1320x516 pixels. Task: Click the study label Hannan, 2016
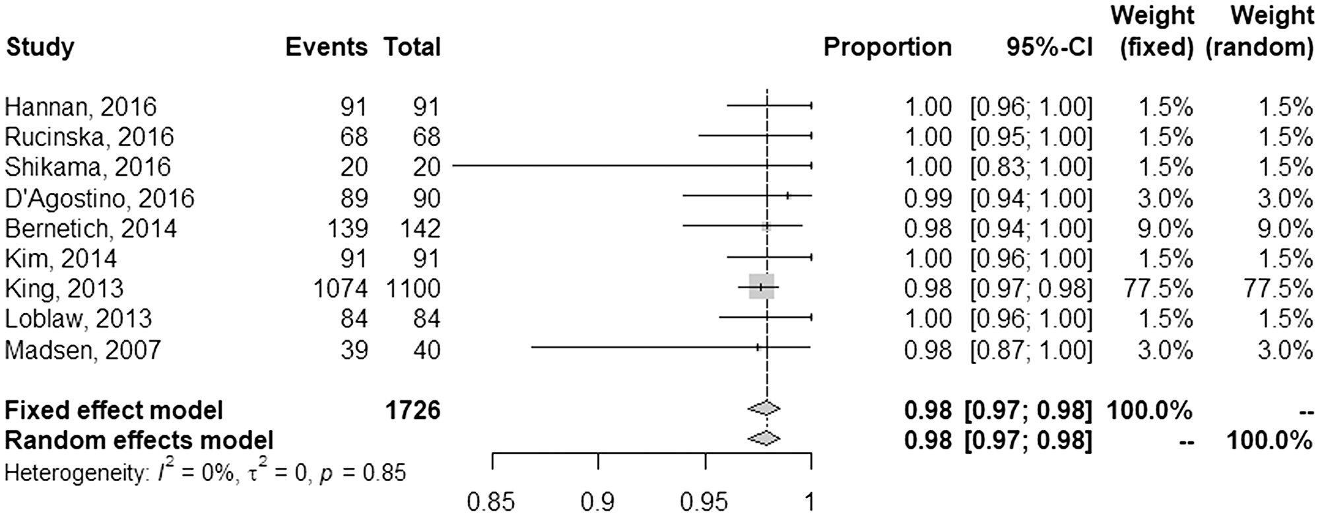click(81, 107)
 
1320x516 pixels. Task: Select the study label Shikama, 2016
click(88, 167)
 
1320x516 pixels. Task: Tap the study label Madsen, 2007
click(83, 350)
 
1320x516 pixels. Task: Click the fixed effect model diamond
click(764, 410)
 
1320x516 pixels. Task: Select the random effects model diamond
click(764, 438)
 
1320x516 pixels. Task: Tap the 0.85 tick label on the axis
click(490, 503)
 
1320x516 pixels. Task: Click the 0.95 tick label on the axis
click(706, 503)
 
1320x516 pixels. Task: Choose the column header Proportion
click(887, 48)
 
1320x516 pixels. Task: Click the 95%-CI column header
click(1049, 48)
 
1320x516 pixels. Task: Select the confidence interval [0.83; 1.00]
click(1031, 167)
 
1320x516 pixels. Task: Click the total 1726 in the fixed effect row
click(412, 410)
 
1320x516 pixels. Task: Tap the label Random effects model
click(139, 440)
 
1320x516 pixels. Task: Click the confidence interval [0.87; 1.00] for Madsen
click(1031, 350)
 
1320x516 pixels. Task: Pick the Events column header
click(326, 48)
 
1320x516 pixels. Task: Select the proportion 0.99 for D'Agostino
click(928, 198)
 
